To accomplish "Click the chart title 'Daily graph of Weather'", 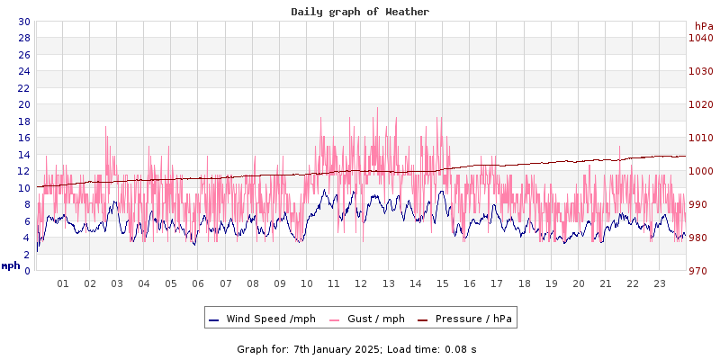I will tap(360, 12).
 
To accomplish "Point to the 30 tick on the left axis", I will tap(24, 22).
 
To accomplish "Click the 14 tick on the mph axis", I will tap(24, 154).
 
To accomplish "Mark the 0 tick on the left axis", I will tap(27, 270).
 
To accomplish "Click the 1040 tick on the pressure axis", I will tap(701, 38).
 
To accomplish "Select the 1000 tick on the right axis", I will tap(701, 171).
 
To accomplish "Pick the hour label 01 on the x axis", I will tap(63, 283).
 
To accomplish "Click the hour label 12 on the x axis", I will tap(361, 283).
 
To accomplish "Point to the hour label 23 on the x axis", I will tap(660, 283).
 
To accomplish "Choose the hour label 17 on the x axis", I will tap(497, 283).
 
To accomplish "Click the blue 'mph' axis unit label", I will tap(11, 265).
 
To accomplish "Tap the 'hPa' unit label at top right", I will tap(704, 26).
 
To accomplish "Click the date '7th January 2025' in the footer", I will tap(337, 348).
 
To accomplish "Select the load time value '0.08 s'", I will tap(461, 348).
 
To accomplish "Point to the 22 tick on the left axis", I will tap(24, 87).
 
